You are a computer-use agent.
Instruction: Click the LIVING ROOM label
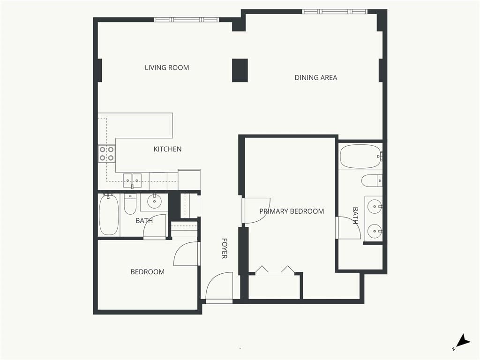[167, 67]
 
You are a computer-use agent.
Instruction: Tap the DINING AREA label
[315, 78]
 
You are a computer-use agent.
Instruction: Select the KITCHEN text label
[167, 149]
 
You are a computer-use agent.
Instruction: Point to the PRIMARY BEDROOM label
[292, 211]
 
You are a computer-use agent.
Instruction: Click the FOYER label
[225, 248]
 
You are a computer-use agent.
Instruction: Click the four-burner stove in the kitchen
[106, 154]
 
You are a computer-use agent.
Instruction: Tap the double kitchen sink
[132, 180]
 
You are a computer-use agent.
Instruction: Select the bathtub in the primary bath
[360, 157]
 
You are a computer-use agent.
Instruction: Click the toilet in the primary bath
[372, 181]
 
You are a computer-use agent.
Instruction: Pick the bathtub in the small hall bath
[109, 215]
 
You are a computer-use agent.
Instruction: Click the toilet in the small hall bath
[130, 204]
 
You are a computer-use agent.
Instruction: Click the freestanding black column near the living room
[240, 70]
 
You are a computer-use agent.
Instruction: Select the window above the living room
[186, 20]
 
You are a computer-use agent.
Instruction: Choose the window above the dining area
[335, 12]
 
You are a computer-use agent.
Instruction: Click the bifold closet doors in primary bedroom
[275, 269]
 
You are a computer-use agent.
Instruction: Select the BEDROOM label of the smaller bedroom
[147, 272]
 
